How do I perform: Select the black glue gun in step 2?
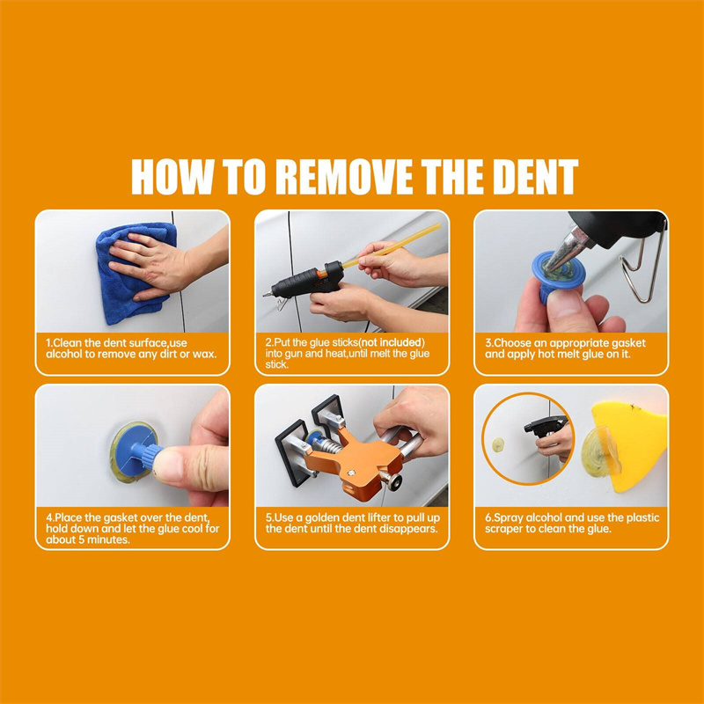point(305,281)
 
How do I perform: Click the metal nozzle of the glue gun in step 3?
point(567,249)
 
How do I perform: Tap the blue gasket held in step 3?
point(556,275)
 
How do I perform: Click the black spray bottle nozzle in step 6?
point(544,425)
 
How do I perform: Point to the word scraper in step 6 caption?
point(503,529)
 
